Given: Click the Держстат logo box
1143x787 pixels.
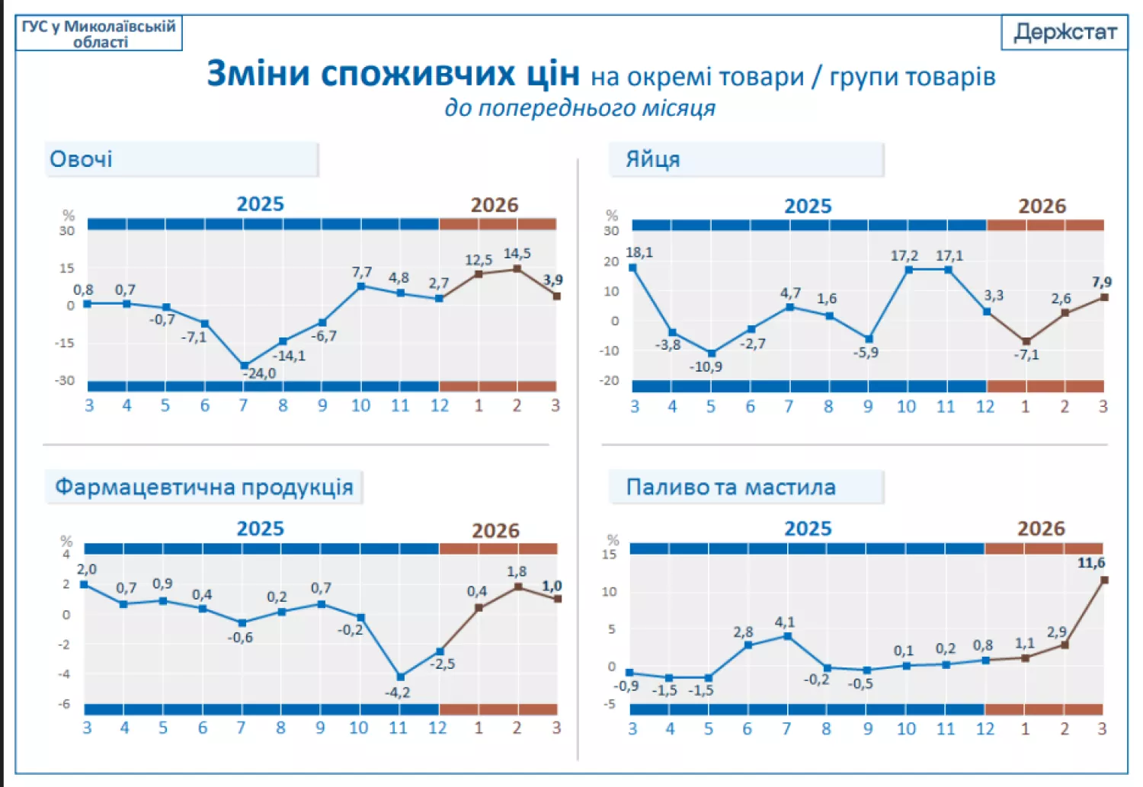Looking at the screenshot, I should pyautogui.click(x=1065, y=32).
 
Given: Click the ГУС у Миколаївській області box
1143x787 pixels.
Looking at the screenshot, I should pyautogui.click(x=98, y=34).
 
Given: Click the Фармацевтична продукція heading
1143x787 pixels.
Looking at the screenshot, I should pyautogui.click(x=203, y=487).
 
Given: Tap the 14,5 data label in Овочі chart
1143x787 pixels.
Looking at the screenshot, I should pyautogui.click(x=517, y=253).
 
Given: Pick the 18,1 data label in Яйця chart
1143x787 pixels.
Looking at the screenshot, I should pyautogui.click(x=639, y=252).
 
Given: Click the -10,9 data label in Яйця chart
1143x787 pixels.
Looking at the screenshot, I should pyautogui.click(x=706, y=366).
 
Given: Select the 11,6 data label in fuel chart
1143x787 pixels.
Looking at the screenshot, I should pyautogui.click(x=1090, y=563).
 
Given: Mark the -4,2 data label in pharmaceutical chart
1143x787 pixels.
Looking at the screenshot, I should pyautogui.click(x=397, y=692).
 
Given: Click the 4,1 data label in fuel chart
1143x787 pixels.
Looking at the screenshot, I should pyautogui.click(x=785, y=622).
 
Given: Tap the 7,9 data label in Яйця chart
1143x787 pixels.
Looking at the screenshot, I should pyautogui.click(x=1101, y=282).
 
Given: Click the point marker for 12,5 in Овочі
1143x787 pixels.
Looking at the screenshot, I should pyautogui.click(x=479, y=274).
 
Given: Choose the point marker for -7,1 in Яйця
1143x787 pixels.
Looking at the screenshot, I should pyautogui.click(x=1026, y=341).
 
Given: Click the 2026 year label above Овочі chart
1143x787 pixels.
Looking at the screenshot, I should pyautogui.click(x=495, y=205).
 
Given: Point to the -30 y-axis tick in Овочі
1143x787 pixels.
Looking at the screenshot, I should pyautogui.click(x=65, y=380).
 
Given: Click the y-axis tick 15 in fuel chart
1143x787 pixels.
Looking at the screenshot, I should pyautogui.click(x=609, y=555).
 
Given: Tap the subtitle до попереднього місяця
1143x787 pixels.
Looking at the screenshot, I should pyautogui.click(x=580, y=107).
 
